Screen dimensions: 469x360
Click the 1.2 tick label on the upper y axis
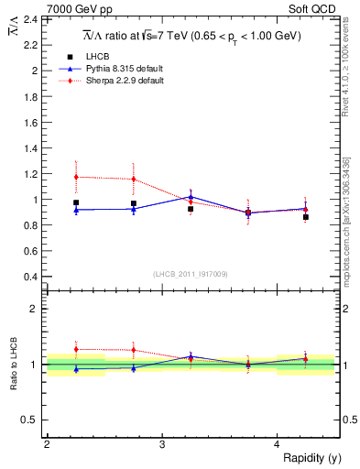pos(29,174)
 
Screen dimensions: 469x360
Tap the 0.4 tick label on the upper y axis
pos(29,277)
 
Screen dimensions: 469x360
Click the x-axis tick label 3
pos(161,444)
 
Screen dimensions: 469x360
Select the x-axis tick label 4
pos(277,444)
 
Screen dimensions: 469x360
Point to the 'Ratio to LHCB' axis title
pos(13,365)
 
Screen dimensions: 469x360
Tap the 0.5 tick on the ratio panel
pos(29,420)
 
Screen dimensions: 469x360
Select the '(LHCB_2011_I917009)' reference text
pos(191,273)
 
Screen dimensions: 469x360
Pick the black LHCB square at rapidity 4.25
pos(306,217)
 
